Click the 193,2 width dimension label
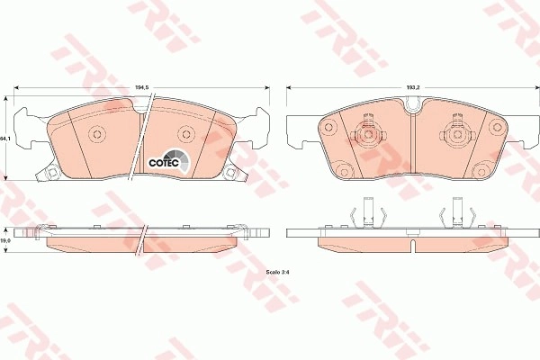click(413, 87)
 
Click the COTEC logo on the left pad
click(169, 160)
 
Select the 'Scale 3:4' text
click(277, 272)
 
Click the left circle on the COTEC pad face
click(97, 134)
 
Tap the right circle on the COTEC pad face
click(186, 134)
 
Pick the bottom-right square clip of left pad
click(229, 172)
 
